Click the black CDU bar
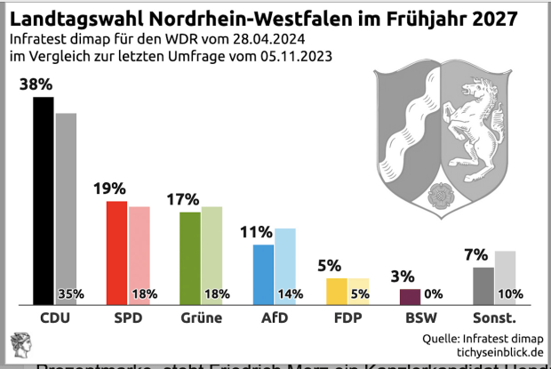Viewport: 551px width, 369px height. (43, 200)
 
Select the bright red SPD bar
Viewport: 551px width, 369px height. (116, 252)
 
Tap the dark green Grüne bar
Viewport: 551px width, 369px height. (189, 258)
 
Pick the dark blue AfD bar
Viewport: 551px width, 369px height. (264, 274)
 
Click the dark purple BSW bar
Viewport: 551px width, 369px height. (410, 296)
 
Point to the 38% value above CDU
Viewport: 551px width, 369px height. (36, 84)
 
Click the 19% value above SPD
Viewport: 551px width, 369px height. (110, 189)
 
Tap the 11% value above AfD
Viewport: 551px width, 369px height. (256, 232)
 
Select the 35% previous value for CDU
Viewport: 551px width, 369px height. (70, 294)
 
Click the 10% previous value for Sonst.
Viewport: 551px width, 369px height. (509, 294)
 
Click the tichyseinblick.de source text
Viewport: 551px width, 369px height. (494, 352)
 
